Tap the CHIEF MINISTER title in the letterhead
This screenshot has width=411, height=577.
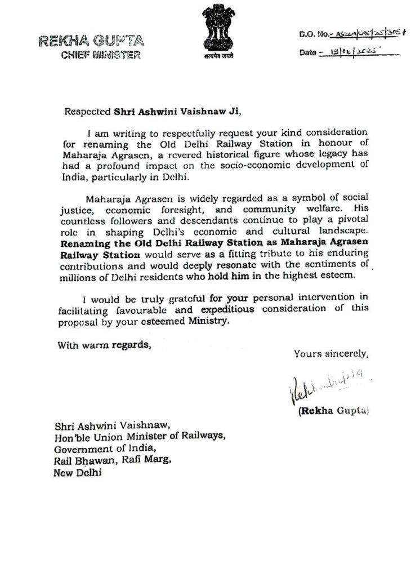[100, 55]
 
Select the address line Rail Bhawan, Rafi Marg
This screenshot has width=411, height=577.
[111, 461]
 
